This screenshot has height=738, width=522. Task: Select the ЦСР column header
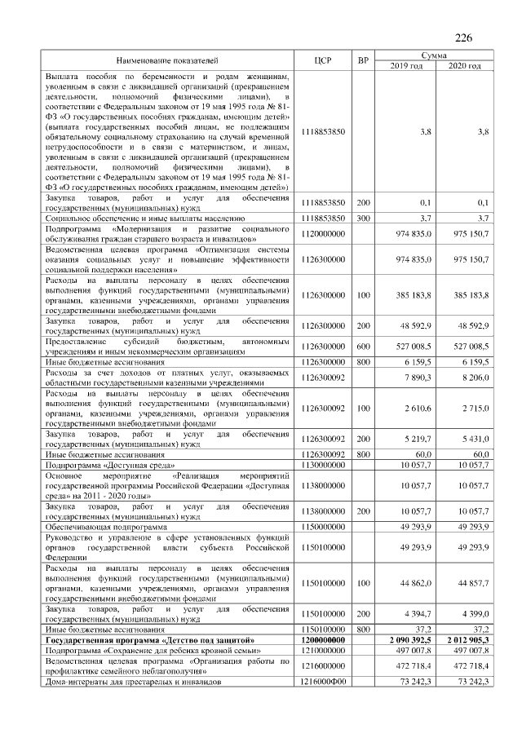pos(321,61)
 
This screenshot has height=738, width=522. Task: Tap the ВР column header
pos(363,61)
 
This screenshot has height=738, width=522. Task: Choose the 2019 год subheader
pos(406,66)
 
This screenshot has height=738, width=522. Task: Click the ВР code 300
pos(363,219)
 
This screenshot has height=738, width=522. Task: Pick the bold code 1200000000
pos(323,641)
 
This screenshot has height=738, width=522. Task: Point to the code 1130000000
pos(323,464)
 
